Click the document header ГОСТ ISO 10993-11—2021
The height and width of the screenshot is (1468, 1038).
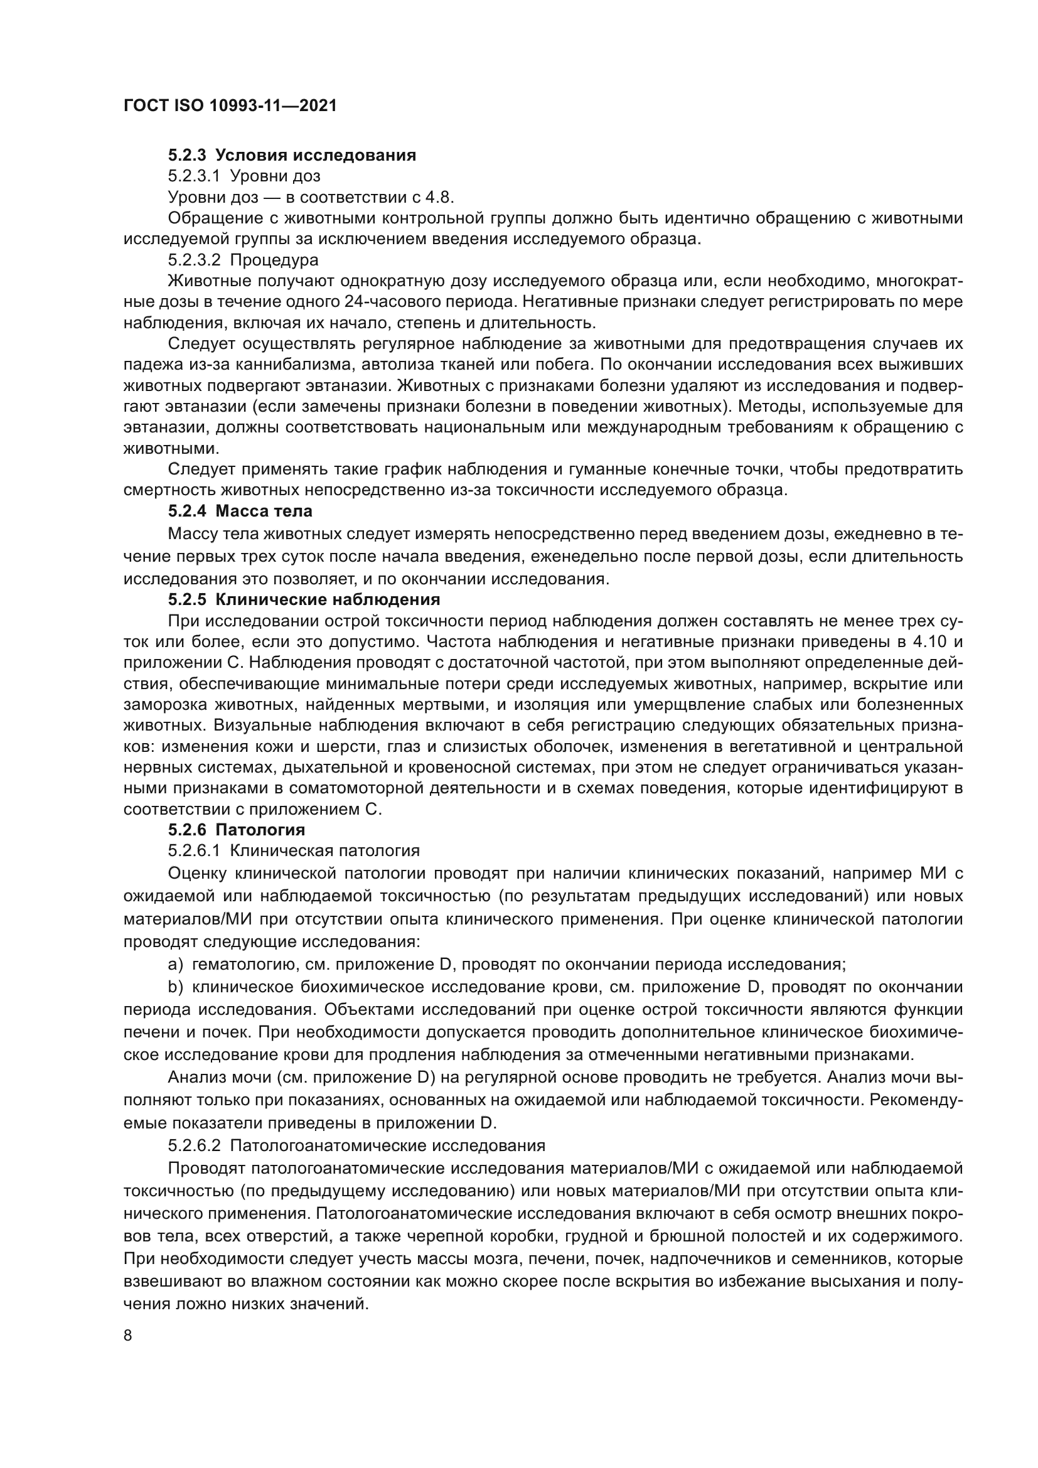click(230, 106)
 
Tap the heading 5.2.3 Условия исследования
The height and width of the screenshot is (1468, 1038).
click(292, 156)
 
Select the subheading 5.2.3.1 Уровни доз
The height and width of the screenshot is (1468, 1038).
click(244, 176)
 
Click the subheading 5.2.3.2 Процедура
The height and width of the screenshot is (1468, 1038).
click(243, 260)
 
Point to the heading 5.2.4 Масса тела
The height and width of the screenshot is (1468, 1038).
click(240, 512)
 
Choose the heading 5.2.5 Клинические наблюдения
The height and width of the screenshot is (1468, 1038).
click(304, 600)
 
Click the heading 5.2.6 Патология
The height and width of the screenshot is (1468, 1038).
click(237, 830)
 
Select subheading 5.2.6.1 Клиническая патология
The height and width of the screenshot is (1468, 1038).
click(294, 851)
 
